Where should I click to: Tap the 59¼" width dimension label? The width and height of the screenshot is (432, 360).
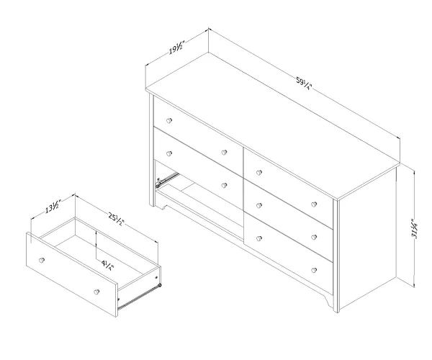coord(304,84)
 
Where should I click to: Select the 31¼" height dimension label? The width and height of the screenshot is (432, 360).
coord(415,228)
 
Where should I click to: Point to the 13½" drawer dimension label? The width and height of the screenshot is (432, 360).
coord(52,207)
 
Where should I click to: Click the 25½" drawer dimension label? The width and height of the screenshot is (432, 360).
coord(117,219)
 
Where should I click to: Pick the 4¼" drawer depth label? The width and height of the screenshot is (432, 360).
coord(107,265)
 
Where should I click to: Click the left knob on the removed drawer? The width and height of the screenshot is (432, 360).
coord(42,260)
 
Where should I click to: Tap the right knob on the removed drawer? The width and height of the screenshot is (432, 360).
coord(96,292)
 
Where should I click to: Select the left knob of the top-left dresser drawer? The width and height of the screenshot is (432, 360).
coord(169,120)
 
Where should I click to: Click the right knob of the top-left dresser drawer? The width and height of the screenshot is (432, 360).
coord(224,153)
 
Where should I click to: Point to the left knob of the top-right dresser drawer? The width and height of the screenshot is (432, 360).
coord(258,172)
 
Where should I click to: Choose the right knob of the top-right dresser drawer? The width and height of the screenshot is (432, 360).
coord(314,204)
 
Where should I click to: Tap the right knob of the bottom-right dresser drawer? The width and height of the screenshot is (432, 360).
coord(314,270)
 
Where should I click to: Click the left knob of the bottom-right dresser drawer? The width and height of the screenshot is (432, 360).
coord(259,238)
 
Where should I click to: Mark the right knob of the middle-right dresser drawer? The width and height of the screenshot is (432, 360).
coord(314,237)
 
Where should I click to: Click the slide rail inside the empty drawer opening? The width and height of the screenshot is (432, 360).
coord(167,180)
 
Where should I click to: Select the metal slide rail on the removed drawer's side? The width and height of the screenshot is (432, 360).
coord(138,297)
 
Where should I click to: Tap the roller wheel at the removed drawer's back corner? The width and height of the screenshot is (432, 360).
coord(159,285)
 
